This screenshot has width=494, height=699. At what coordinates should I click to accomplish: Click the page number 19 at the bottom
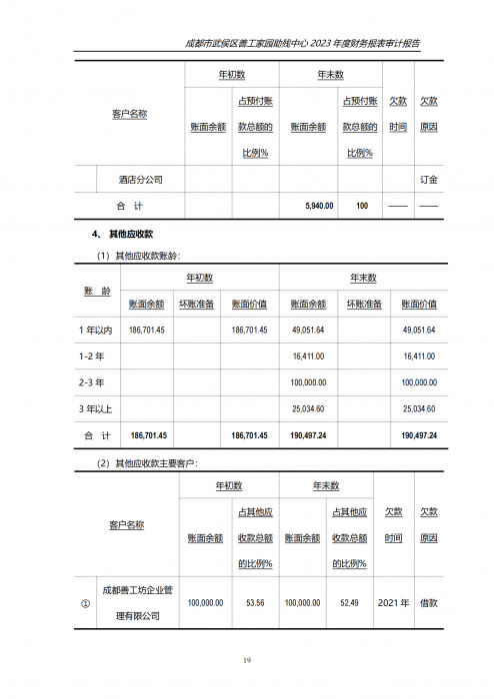[x=247, y=660]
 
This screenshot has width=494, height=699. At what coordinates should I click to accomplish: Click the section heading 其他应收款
[x=130, y=234]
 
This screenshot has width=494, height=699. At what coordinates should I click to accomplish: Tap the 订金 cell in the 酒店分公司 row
[x=428, y=180]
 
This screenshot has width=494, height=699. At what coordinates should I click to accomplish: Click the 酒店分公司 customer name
[x=140, y=180]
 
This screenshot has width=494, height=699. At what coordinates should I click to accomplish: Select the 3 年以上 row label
[x=95, y=409]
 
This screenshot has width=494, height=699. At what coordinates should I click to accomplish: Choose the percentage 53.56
[x=254, y=603]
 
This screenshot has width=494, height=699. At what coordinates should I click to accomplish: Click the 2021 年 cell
[x=393, y=603]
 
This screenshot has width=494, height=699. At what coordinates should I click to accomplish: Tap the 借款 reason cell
[x=428, y=603]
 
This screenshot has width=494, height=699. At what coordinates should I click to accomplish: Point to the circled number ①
[x=84, y=603]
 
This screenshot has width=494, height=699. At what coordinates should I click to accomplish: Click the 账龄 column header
[x=96, y=291]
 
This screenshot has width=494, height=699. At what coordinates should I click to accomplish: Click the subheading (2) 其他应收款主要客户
[x=147, y=463]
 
